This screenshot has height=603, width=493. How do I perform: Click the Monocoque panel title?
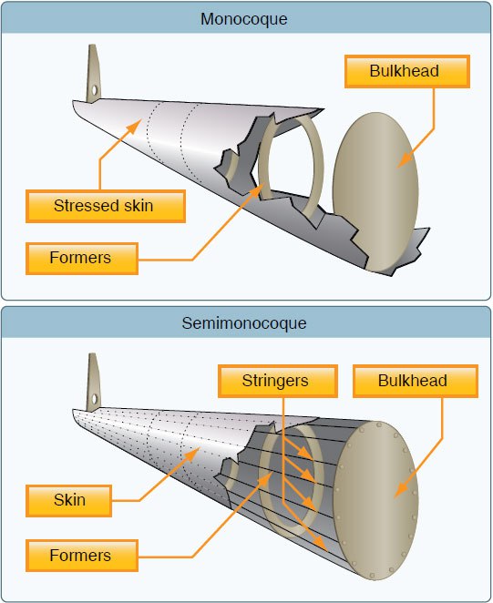(244, 19)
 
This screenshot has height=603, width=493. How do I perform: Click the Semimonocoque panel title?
(244, 323)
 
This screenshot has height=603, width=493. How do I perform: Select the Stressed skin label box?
(106, 206)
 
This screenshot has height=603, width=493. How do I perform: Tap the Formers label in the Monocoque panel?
(82, 259)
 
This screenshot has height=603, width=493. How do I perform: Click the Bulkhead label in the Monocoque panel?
(407, 72)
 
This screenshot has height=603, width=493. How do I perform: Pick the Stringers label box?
(278, 381)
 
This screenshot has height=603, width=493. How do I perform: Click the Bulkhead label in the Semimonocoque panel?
(416, 381)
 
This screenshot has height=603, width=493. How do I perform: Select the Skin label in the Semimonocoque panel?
(69, 501)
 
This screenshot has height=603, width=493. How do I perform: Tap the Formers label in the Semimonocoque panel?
(82, 556)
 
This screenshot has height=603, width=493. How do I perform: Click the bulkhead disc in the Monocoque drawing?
(375, 192)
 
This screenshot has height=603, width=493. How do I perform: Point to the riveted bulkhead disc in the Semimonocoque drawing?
(375, 500)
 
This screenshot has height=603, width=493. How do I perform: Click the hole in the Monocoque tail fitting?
(94, 90)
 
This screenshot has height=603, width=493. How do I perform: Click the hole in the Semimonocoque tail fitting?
(94, 399)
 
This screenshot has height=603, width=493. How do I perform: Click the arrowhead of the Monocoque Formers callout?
(257, 191)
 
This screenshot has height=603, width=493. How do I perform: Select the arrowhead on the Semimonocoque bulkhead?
(402, 489)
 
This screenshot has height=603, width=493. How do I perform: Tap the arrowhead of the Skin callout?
(192, 455)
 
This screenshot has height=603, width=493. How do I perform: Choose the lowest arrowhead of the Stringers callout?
(320, 545)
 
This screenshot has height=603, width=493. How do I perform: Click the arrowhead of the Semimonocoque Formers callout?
(265, 479)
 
